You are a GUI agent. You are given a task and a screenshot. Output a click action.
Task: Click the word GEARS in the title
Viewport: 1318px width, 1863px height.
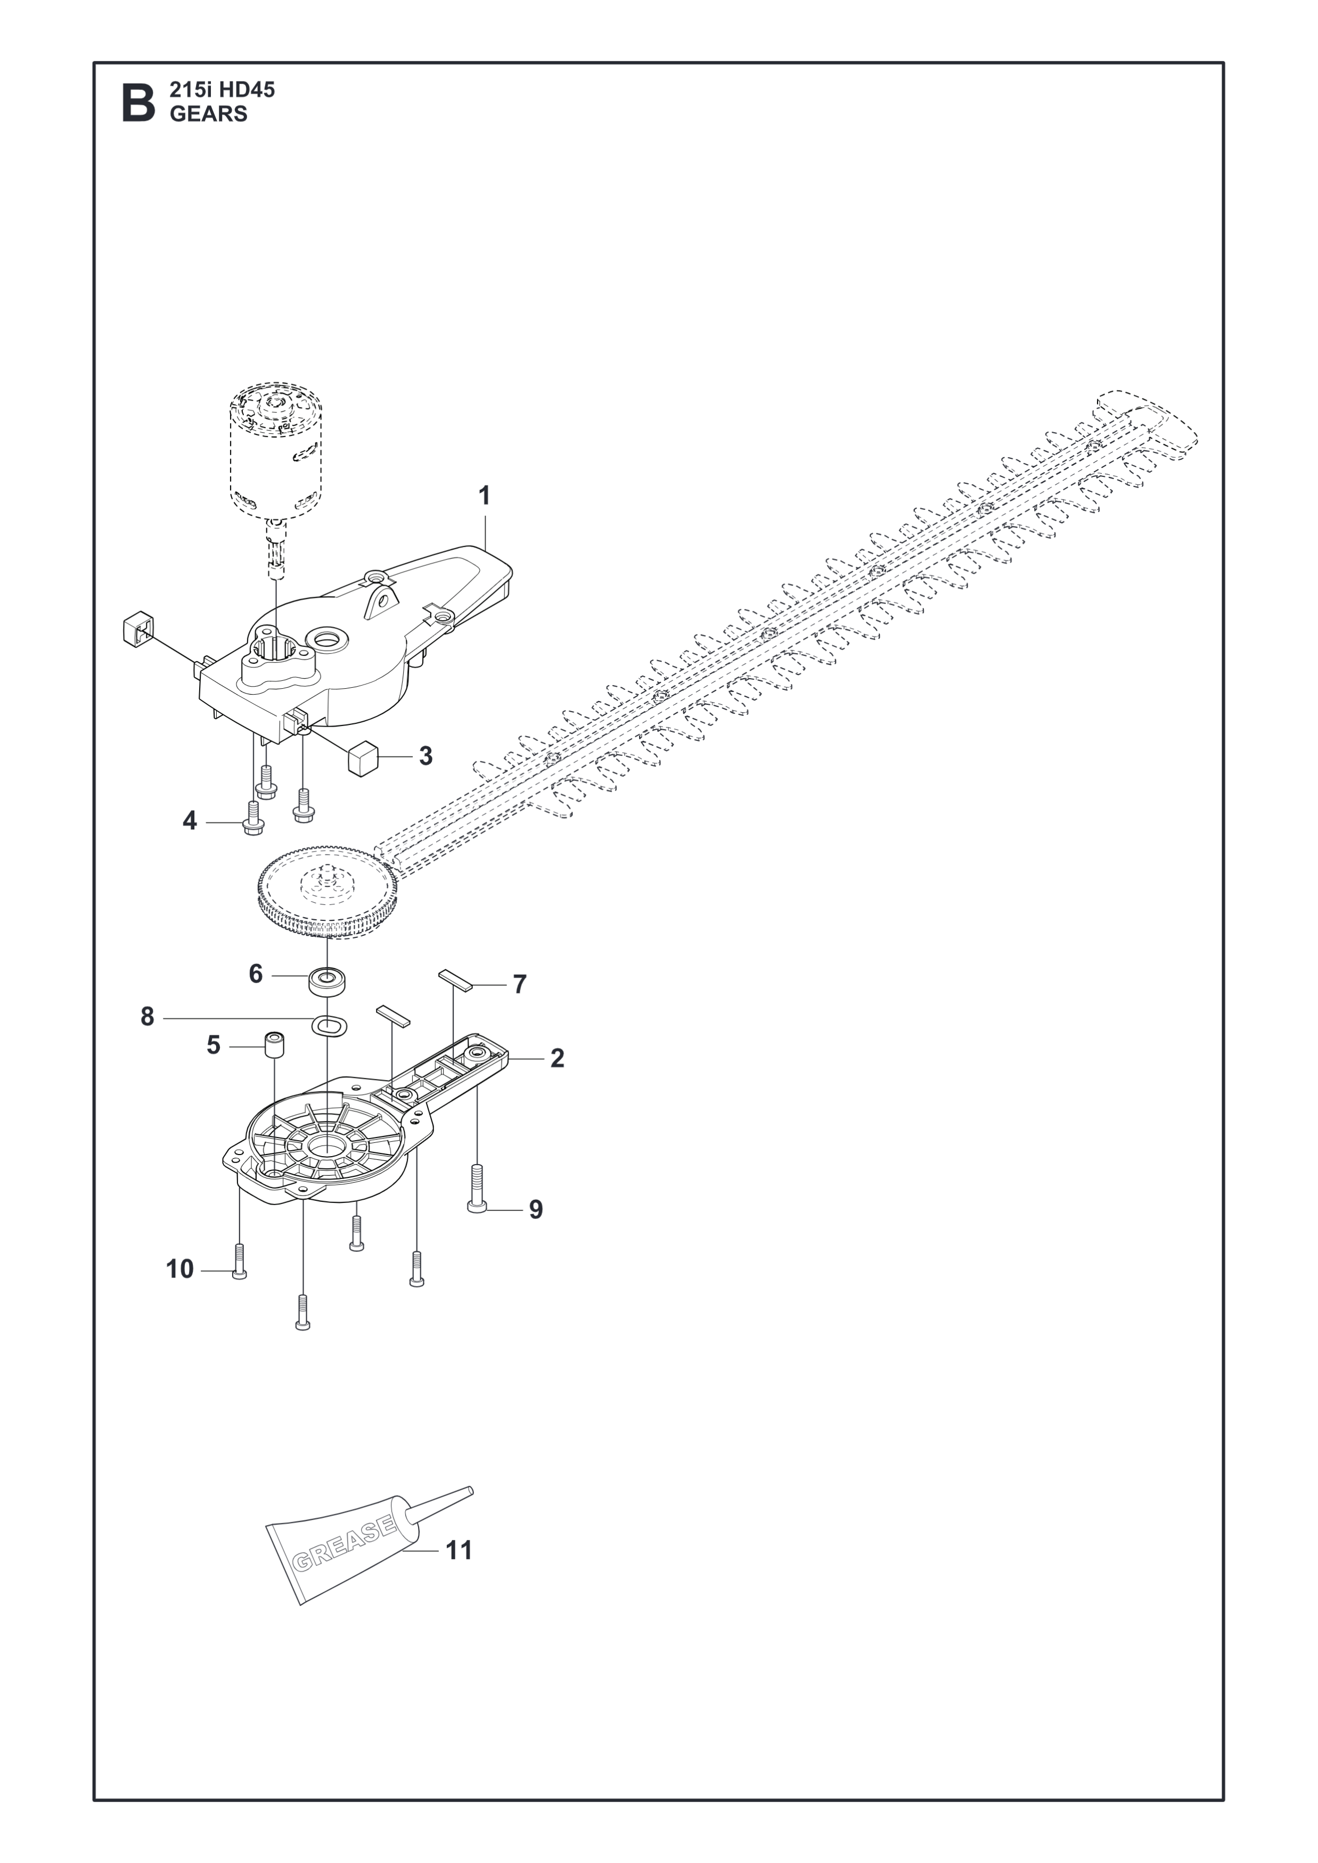[209, 114]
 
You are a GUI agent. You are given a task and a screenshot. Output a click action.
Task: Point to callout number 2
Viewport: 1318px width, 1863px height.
[558, 1058]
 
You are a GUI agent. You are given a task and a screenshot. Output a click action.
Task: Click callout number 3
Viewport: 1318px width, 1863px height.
[426, 756]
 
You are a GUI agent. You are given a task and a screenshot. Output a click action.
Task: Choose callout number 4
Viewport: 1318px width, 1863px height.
[189, 821]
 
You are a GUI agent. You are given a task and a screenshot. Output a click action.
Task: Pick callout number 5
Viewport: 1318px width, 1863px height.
[214, 1045]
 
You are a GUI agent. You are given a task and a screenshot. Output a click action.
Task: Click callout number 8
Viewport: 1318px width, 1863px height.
[147, 1017]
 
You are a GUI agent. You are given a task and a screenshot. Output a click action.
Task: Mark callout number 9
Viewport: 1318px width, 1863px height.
[536, 1233]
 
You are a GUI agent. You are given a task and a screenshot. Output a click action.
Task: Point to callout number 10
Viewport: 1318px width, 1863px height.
[180, 1269]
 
